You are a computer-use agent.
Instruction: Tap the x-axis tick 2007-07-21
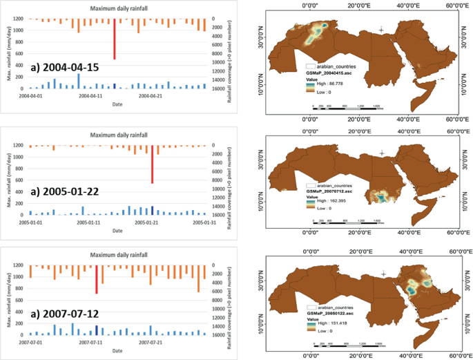151,341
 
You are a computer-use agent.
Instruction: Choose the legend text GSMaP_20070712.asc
331,192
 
